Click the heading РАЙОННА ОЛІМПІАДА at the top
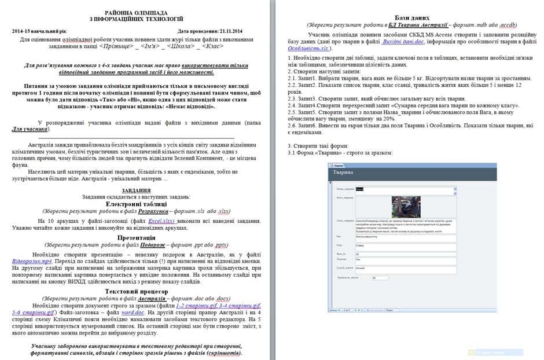pyautogui.click(x=136, y=13)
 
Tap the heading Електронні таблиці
pyautogui.click(x=136, y=204)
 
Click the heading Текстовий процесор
pyautogui.click(x=136, y=291)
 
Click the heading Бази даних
pyautogui.click(x=411, y=18)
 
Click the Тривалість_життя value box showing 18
pyautogui.click(x=380, y=278)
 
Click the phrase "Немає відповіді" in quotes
pyautogui.click(x=190, y=106)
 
